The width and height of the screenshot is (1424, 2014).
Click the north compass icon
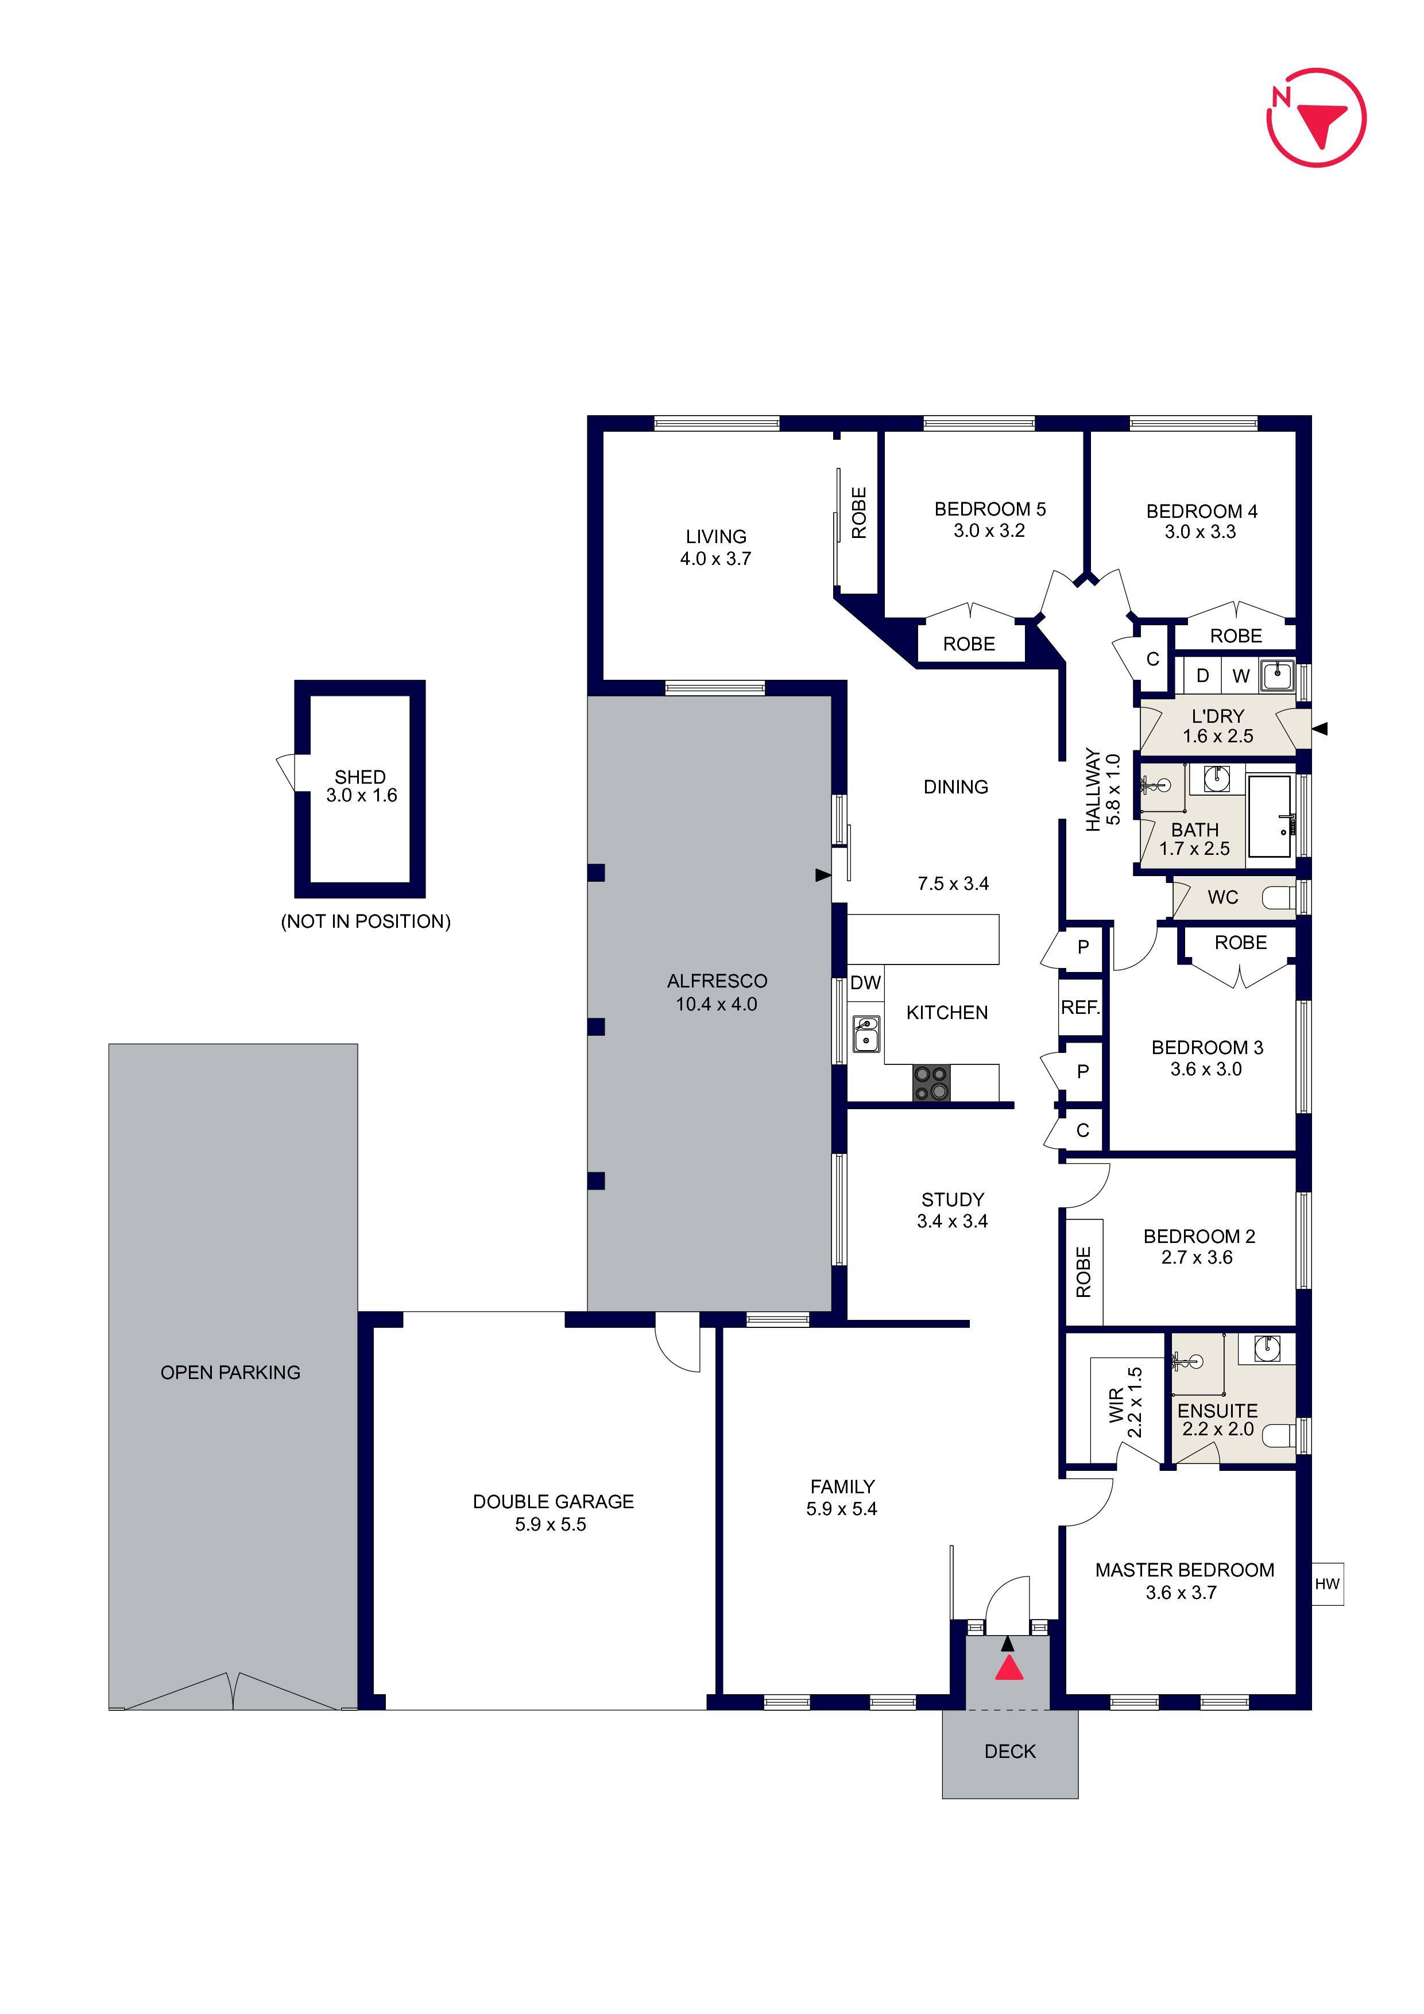click(x=1316, y=118)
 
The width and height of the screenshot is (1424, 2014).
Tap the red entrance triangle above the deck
click(x=1009, y=1668)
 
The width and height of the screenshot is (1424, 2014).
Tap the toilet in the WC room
click(x=1278, y=897)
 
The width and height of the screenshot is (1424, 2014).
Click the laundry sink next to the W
click(x=1278, y=675)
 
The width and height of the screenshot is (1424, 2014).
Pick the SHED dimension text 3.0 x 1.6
click(x=362, y=796)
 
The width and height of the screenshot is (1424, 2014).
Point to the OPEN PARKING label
click(x=230, y=1372)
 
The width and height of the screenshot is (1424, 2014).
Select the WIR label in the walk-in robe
click(x=1116, y=1405)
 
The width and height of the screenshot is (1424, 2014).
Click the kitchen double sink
click(x=866, y=1034)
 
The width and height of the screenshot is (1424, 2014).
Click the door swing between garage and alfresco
click(x=678, y=1345)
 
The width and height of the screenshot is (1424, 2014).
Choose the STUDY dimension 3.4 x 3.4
click(x=952, y=1221)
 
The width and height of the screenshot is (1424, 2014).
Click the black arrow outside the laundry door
click(x=1321, y=728)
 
